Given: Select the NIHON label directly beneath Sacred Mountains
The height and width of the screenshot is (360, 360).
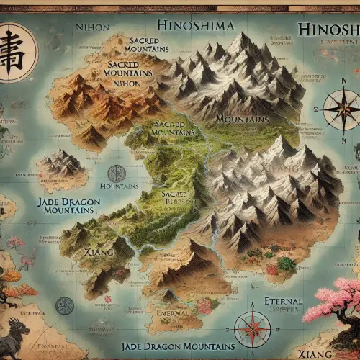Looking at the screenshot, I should [x=127, y=83].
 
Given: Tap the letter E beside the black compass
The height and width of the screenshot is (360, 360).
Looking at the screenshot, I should [x=315, y=109].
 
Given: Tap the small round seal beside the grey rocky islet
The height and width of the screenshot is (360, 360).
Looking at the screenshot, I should [x=116, y=173].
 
